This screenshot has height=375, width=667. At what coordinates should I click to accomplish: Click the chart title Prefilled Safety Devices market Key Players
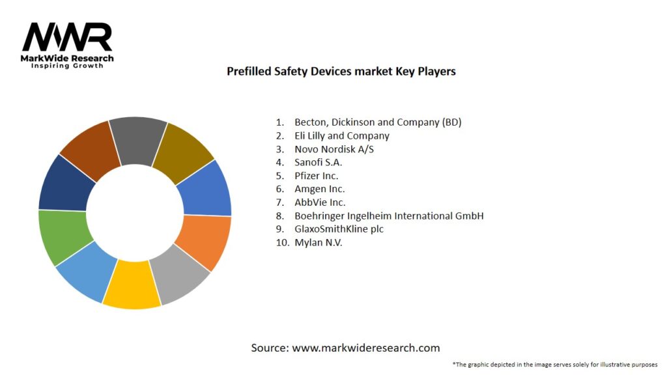(341, 72)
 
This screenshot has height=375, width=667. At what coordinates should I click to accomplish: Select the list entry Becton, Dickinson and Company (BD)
(378, 122)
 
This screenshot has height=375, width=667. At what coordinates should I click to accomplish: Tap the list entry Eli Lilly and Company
(341, 135)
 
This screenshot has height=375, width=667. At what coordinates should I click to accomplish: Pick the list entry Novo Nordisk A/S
(334, 149)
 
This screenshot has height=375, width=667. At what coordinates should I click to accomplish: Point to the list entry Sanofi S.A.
(318, 162)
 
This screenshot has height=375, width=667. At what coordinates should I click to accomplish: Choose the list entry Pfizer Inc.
(316, 176)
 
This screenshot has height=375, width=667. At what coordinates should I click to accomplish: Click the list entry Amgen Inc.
(320, 189)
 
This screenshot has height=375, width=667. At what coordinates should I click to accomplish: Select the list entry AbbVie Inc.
(320, 202)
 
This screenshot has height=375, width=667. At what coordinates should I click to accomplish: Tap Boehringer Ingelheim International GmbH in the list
(389, 215)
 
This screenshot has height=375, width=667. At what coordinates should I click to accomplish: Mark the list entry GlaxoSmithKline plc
(339, 229)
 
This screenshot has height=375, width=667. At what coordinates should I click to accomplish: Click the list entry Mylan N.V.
(318, 242)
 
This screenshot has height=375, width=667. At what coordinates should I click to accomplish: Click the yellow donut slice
(132, 285)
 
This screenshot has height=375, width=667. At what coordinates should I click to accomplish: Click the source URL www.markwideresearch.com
(365, 348)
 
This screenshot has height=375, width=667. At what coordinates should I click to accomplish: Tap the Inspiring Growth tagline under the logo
(67, 66)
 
